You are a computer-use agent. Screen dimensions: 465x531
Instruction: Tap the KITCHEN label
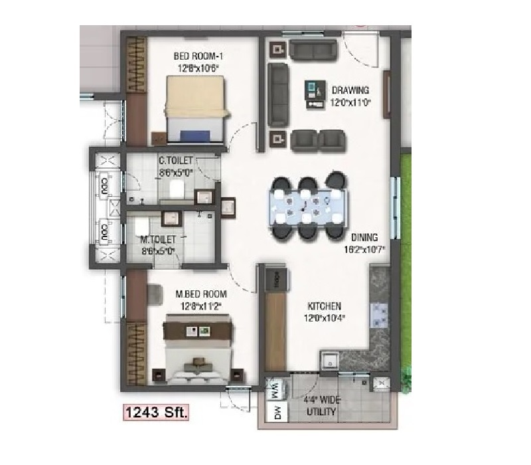tap(324, 306)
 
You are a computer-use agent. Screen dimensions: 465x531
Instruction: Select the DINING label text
tap(364, 237)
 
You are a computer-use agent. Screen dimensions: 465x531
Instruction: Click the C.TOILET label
tap(175, 161)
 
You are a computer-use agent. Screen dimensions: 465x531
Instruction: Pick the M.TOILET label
tap(158, 239)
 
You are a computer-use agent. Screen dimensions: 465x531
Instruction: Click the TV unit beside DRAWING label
tap(312, 94)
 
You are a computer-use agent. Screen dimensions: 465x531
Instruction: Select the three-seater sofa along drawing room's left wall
tap(277, 94)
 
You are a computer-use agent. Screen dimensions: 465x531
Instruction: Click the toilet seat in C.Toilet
tap(176, 190)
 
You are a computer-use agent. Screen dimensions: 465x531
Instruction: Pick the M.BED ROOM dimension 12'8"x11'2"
tap(200, 306)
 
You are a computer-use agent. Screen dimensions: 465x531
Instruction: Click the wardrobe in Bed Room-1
tap(137, 64)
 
